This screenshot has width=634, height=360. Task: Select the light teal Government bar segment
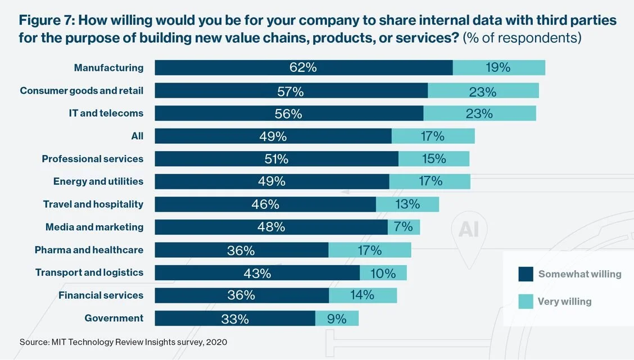(337, 318)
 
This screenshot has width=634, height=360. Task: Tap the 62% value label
(304, 67)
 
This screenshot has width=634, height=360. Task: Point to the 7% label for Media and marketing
(404, 227)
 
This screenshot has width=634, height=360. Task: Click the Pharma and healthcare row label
(89, 250)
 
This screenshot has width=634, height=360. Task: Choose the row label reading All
(137, 136)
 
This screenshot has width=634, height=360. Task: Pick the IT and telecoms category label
(106, 113)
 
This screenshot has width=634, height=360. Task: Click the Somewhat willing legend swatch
(526, 274)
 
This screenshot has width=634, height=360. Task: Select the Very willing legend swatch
(526, 302)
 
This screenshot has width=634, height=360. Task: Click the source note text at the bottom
(124, 341)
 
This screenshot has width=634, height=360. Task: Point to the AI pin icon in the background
(469, 230)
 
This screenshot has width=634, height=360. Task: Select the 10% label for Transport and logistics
(383, 273)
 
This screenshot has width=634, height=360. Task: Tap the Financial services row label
(101, 295)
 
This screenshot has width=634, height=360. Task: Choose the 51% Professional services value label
(277, 159)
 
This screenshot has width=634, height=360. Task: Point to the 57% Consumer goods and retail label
(291, 91)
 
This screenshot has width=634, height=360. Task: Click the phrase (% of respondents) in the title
(522, 38)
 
